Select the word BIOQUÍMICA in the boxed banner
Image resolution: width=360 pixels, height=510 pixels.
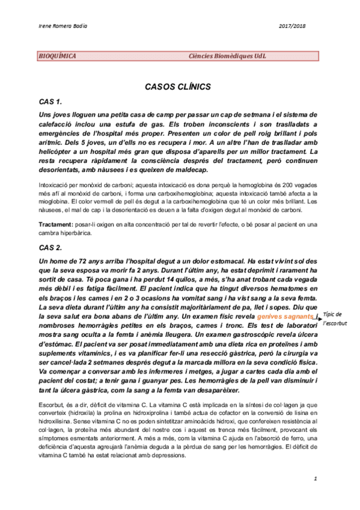(58, 56)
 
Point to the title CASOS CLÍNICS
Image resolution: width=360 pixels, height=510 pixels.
(177, 87)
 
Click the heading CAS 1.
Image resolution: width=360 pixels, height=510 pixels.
(50, 102)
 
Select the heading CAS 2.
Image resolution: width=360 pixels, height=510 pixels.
(50, 247)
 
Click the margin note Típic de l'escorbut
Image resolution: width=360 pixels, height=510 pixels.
(332, 319)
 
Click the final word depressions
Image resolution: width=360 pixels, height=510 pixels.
(169, 455)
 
